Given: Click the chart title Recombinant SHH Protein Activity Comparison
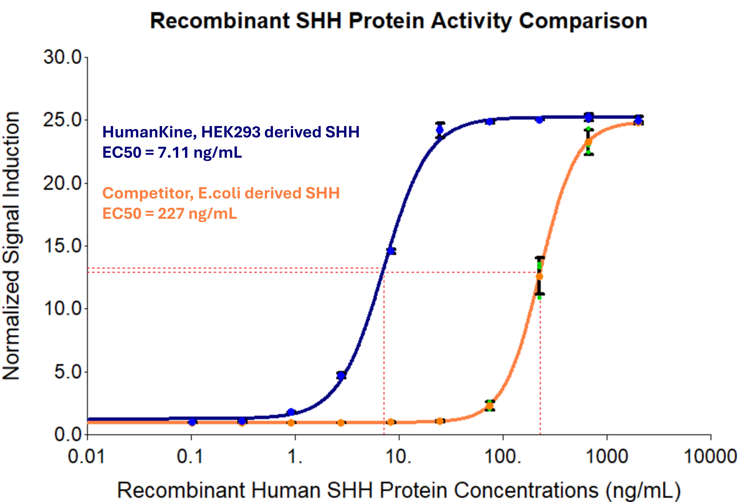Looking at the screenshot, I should click(399, 21).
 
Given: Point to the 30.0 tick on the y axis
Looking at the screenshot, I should click(63, 58).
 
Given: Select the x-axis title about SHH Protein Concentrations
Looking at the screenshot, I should click(399, 490).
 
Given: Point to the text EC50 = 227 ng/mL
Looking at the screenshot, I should click(169, 213).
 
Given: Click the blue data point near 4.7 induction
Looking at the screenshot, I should click(341, 376).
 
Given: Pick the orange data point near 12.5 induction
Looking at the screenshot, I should click(539, 277).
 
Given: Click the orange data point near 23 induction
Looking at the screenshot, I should click(589, 142).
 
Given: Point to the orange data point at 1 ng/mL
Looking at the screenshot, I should click(291, 423).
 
